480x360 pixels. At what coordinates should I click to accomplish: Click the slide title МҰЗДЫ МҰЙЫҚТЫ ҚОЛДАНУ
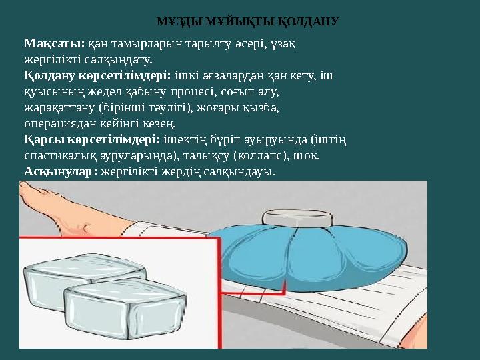tap(248, 21)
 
